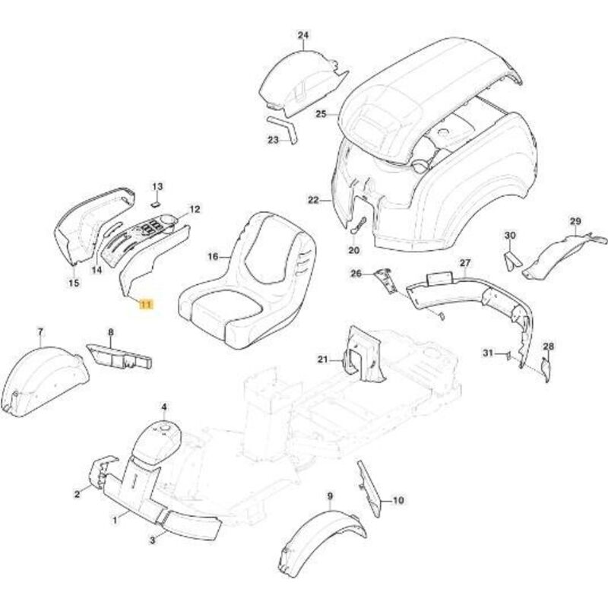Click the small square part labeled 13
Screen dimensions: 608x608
tap(154, 203)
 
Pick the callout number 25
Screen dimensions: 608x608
tap(321, 114)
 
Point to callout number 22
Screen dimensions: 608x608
tap(313, 200)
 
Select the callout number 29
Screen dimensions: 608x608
tap(575, 221)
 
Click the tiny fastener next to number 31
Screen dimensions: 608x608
tap(505, 354)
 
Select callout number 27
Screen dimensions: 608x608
tap(465, 263)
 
